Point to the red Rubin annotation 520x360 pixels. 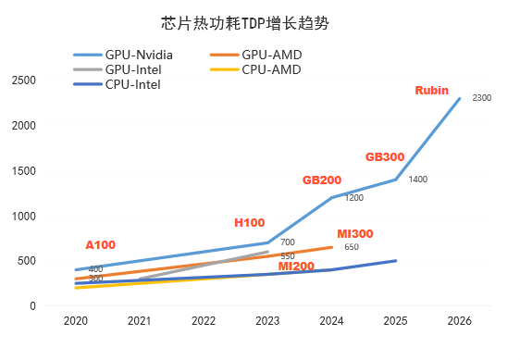point(432,90)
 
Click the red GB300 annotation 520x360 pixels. point(385,156)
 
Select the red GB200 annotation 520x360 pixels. point(322,179)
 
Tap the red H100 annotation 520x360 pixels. point(250,223)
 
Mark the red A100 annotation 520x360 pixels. point(101,245)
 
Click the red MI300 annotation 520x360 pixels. point(354,234)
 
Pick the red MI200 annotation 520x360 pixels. point(297,267)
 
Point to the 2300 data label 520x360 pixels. point(481,98)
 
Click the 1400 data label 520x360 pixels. point(417,179)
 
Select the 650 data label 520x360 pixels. point(352,247)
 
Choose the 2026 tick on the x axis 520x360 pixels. point(460,320)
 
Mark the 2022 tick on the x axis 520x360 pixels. point(204,320)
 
